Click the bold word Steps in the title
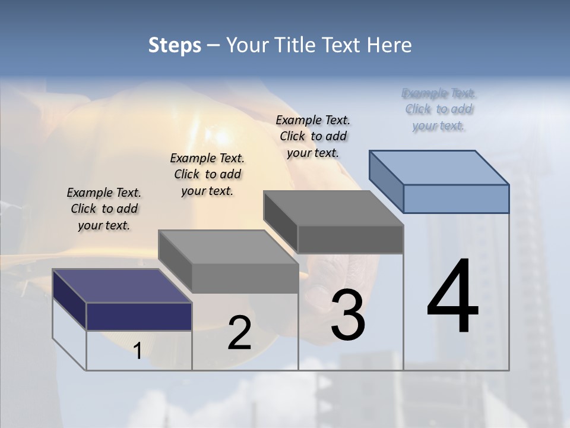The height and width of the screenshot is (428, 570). click(x=174, y=45)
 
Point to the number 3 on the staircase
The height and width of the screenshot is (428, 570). click(x=348, y=314)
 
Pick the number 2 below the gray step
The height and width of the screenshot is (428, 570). click(x=239, y=333)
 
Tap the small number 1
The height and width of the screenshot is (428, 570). click(x=138, y=351)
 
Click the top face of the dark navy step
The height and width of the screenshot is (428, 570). click(x=122, y=286)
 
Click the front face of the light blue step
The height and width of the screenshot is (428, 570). click(x=456, y=199)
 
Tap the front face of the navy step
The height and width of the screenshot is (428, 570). click(x=139, y=316)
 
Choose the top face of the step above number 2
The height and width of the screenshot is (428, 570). click(x=228, y=247)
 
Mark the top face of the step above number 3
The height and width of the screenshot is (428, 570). click(x=333, y=208)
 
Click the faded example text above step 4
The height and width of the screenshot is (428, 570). click(x=439, y=109)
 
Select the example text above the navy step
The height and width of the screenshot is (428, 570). click(x=104, y=209)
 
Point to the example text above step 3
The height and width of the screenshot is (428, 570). click(x=313, y=136)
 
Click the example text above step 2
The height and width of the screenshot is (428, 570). click(x=207, y=174)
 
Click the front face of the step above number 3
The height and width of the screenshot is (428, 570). click(x=350, y=239)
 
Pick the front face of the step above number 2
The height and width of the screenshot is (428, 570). click(x=245, y=278)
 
